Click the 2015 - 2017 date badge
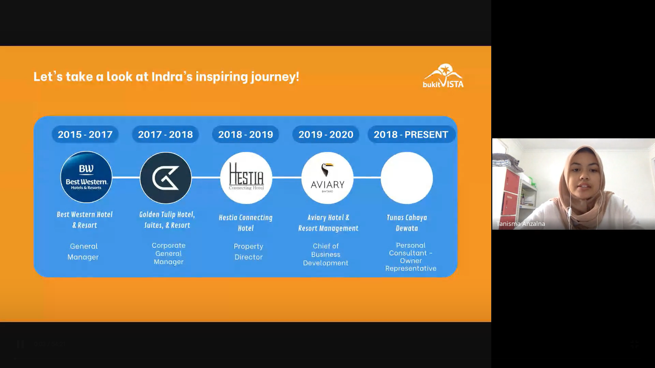click(85, 135)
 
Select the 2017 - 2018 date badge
click(165, 135)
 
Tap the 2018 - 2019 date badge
click(246, 135)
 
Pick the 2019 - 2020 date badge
click(326, 135)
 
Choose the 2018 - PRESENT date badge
click(411, 135)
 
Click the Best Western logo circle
click(86, 178)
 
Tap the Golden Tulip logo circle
click(166, 178)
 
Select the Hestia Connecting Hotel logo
click(246, 178)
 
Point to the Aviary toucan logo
click(327, 178)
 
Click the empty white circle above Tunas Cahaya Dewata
click(407, 178)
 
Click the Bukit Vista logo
click(443, 76)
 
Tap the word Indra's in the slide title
click(172, 77)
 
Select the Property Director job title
click(249, 251)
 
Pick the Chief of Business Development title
click(326, 254)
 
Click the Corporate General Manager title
click(169, 254)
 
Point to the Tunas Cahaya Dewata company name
click(407, 223)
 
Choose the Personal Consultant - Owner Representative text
click(411, 257)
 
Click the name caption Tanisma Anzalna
click(521, 224)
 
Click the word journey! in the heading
click(275, 77)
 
